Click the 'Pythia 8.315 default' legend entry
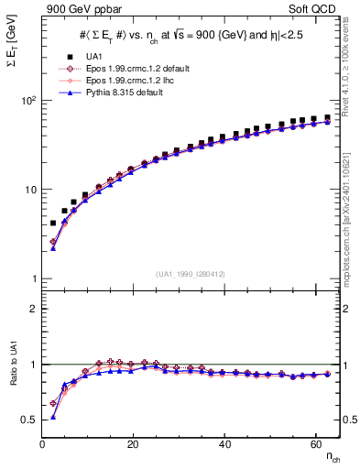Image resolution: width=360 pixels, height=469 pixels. tap(120, 93)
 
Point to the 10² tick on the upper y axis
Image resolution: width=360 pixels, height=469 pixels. tap(28, 100)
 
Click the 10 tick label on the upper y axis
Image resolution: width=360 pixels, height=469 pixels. tap(30, 190)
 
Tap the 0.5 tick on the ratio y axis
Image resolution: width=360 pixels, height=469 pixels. tap(28, 420)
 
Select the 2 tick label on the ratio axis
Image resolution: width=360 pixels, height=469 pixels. tap(33, 309)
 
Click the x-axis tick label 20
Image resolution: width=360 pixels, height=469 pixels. tap(133, 444)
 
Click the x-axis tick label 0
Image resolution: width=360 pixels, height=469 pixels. tap(43, 444)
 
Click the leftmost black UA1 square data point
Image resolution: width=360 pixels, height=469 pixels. tap(53, 223)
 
